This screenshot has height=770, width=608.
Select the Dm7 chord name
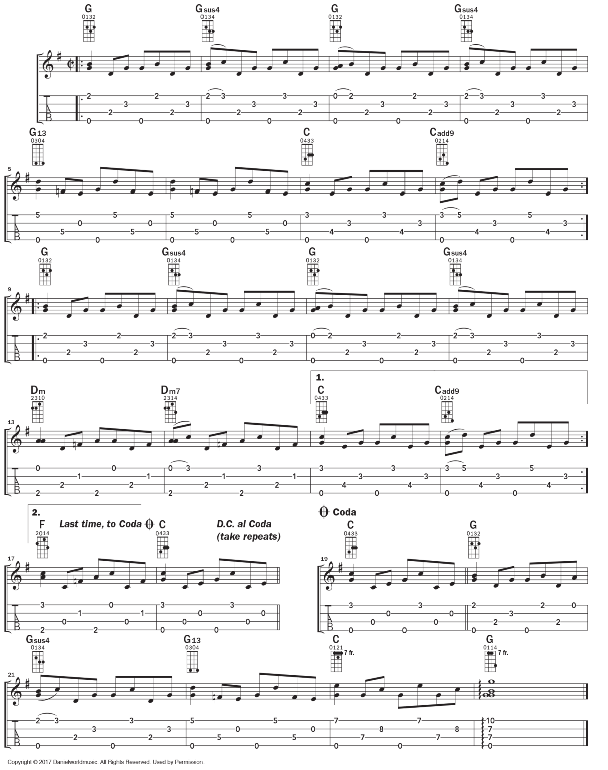tap(169, 390)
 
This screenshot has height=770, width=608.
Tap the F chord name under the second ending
tap(42, 525)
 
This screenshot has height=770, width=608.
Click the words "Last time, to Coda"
tap(100, 524)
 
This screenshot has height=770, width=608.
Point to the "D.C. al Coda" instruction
tap(244, 524)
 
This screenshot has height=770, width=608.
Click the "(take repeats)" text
tap(248, 536)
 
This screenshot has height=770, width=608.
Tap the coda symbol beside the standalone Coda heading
tap(323, 512)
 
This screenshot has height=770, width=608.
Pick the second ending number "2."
tap(35, 512)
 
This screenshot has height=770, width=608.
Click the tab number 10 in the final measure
tap(490, 721)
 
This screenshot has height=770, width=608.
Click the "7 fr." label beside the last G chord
tap(503, 652)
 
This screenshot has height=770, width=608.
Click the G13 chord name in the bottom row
tap(192, 639)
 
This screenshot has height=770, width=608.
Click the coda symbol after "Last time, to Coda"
tap(149, 524)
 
